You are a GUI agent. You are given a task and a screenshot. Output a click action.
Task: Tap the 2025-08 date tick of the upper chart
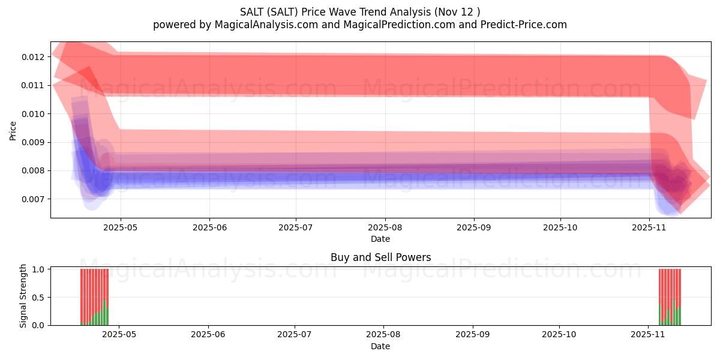click(385, 228)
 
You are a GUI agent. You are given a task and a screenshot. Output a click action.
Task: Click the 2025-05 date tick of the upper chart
click(121, 228)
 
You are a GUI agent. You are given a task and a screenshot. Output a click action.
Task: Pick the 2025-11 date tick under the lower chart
click(649, 335)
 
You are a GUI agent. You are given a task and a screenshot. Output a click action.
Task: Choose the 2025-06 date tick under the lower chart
click(208, 335)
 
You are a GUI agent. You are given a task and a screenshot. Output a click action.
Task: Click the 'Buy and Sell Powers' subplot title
click(380, 257)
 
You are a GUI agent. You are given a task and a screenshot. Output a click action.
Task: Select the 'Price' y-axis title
click(13, 130)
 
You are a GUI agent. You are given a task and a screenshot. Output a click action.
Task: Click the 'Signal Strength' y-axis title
click(23, 296)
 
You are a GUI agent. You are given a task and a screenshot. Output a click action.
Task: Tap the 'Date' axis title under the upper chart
click(380, 239)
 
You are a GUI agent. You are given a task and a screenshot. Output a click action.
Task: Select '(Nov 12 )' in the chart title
click(457, 11)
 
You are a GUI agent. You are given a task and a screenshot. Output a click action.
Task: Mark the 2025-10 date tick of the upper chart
click(560, 228)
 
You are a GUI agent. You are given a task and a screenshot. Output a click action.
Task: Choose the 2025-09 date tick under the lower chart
click(473, 335)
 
